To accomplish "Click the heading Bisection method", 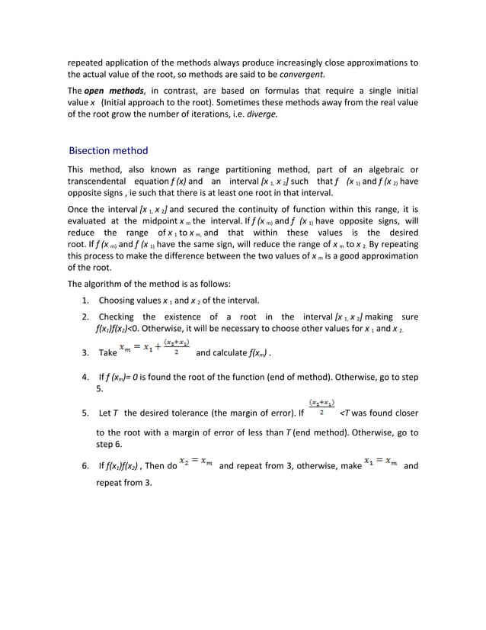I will pos(108,150).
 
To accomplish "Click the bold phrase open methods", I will pos(114,92).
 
